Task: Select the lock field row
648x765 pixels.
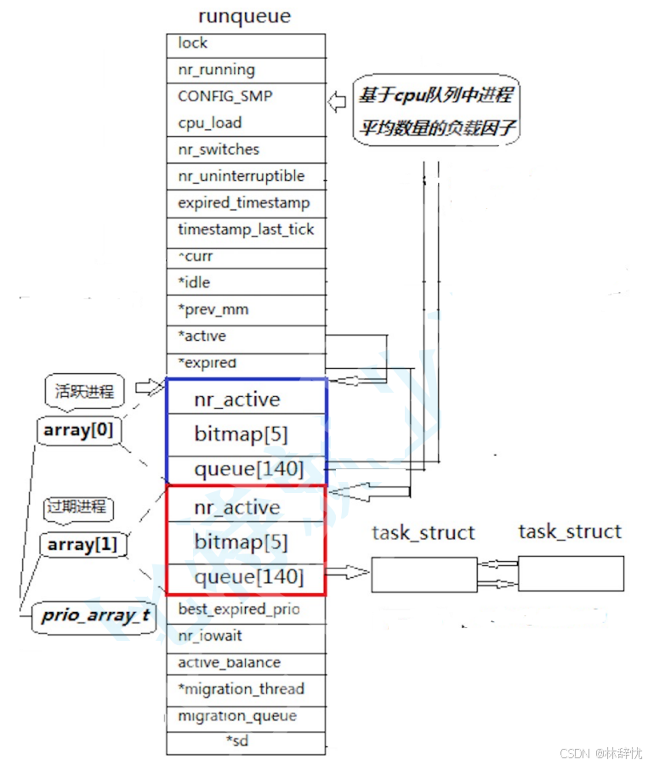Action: point(245,44)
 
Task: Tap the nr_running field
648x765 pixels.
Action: point(245,71)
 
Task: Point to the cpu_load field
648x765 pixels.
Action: point(245,123)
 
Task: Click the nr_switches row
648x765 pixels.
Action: point(245,150)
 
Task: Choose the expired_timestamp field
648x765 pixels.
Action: point(245,203)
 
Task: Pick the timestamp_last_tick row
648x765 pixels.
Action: point(245,229)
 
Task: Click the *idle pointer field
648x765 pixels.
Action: point(245,282)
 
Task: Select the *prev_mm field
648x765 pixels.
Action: point(245,309)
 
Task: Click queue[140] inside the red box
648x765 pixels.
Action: point(247,577)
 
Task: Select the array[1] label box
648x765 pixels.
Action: point(82,544)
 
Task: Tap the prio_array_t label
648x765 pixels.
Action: point(96,615)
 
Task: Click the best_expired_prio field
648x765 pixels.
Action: point(245,609)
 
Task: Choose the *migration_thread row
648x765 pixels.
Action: point(245,689)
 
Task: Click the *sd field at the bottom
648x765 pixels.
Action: point(245,741)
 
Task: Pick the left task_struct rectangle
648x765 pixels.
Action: point(423,575)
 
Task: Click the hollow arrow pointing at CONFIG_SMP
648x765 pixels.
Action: point(338,103)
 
